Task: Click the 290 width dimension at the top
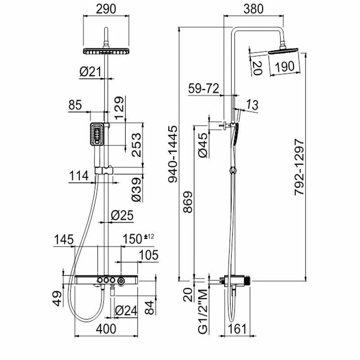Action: (x=106, y=9)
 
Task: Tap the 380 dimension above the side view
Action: (x=253, y=9)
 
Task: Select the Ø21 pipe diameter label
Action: (x=90, y=72)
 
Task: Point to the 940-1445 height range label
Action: (x=173, y=154)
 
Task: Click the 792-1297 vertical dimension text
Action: (x=299, y=167)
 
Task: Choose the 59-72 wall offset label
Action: (x=204, y=88)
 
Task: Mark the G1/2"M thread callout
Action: (x=203, y=311)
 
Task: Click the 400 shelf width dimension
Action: (x=106, y=329)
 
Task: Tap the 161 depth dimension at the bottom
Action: (x=238, y=329)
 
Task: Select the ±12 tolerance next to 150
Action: (x=149, y=236)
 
